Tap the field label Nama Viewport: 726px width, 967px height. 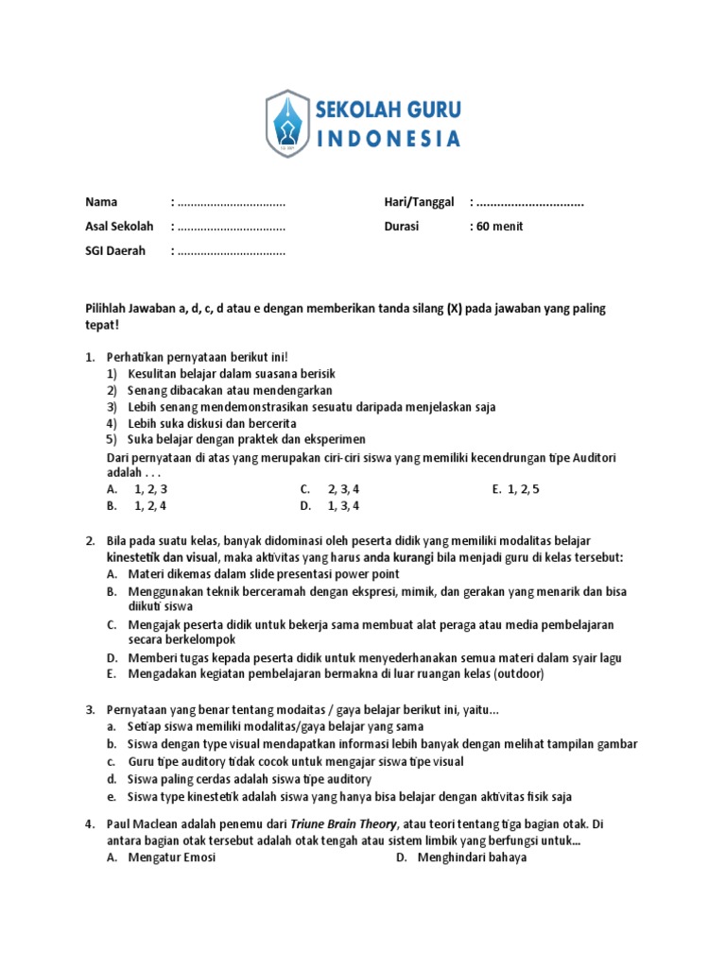tap(101, 202)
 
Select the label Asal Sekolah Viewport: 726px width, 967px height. tap(118, 227)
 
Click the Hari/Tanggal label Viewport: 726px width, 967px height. tap(419, 202)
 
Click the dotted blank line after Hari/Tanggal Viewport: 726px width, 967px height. tap(530, 202)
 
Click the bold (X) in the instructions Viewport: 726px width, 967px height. tap(449, 309)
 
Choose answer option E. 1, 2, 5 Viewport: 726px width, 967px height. tap(515, 489)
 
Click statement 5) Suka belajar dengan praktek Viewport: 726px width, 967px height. tap(235, 439)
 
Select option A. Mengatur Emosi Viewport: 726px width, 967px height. tap(161, 857)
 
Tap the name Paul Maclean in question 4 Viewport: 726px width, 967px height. tap(143, 824)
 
